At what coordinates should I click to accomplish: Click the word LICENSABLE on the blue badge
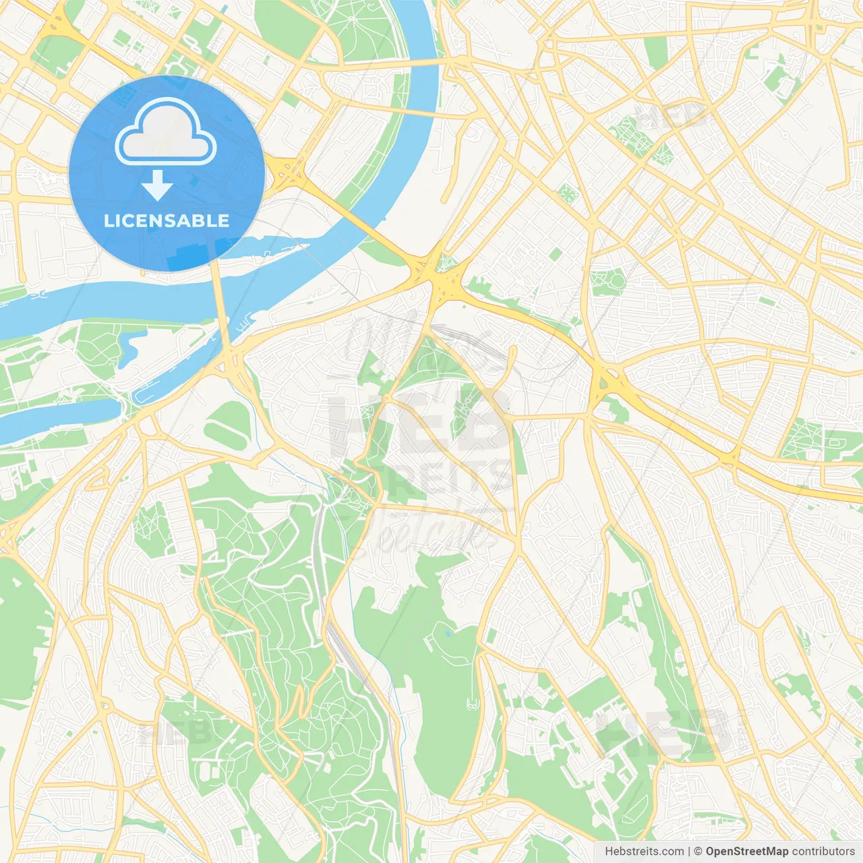pyautogui.click(x=167, y=221)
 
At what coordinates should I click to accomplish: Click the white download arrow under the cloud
pyautogui.click(x=157, y=185)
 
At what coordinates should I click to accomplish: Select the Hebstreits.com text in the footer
pyautogui.click(x=644, y=852)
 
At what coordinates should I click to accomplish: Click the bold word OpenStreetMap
pyautogui.click(x=746, y=852)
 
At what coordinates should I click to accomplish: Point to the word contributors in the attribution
pyautogui.click(x=823, y=852)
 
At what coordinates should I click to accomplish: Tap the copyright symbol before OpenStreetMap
pyautogui.click(x=698, y=852)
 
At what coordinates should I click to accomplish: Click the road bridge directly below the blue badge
pyautogui.click(x=220, y=303)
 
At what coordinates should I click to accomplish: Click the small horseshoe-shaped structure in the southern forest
pyautogui.click(x=471, y=705)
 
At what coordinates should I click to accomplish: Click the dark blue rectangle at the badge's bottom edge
pyautogui.click(x=192, y=256)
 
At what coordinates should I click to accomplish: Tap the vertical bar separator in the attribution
pyautogui.click(x=689, y=852)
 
